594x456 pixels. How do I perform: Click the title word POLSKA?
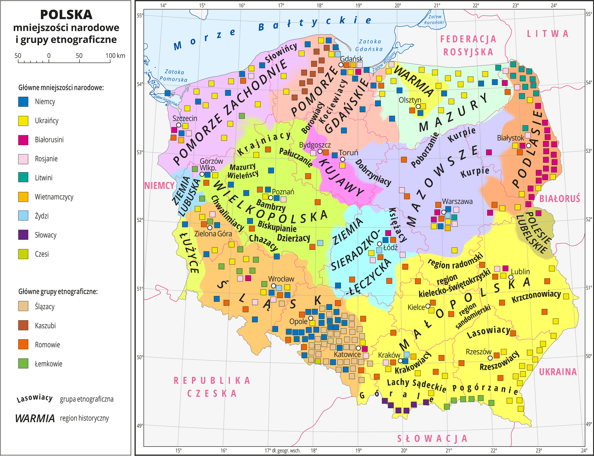coord(66,15)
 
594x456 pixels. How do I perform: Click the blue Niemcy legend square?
coord(23,102)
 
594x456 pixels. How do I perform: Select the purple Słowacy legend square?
coord(23,235)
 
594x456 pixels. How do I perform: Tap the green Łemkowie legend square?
coord(23,364)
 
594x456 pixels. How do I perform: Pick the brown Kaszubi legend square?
coord(23,325)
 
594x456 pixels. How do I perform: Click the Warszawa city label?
coord(457,201)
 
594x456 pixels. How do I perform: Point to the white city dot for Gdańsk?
coord(341,65)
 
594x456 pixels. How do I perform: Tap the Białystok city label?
coord(510,138)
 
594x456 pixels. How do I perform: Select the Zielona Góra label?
coord(213,234)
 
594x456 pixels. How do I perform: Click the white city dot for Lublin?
coord(511,277)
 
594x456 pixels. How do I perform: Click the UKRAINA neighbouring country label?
coord(558,372)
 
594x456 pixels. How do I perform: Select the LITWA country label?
coord(548,34)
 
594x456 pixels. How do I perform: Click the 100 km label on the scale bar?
coord(115,56)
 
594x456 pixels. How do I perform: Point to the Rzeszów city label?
coord(479,352)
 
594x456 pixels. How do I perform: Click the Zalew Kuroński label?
coord(435,19)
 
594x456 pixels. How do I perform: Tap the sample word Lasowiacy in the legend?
coord(35,399)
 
